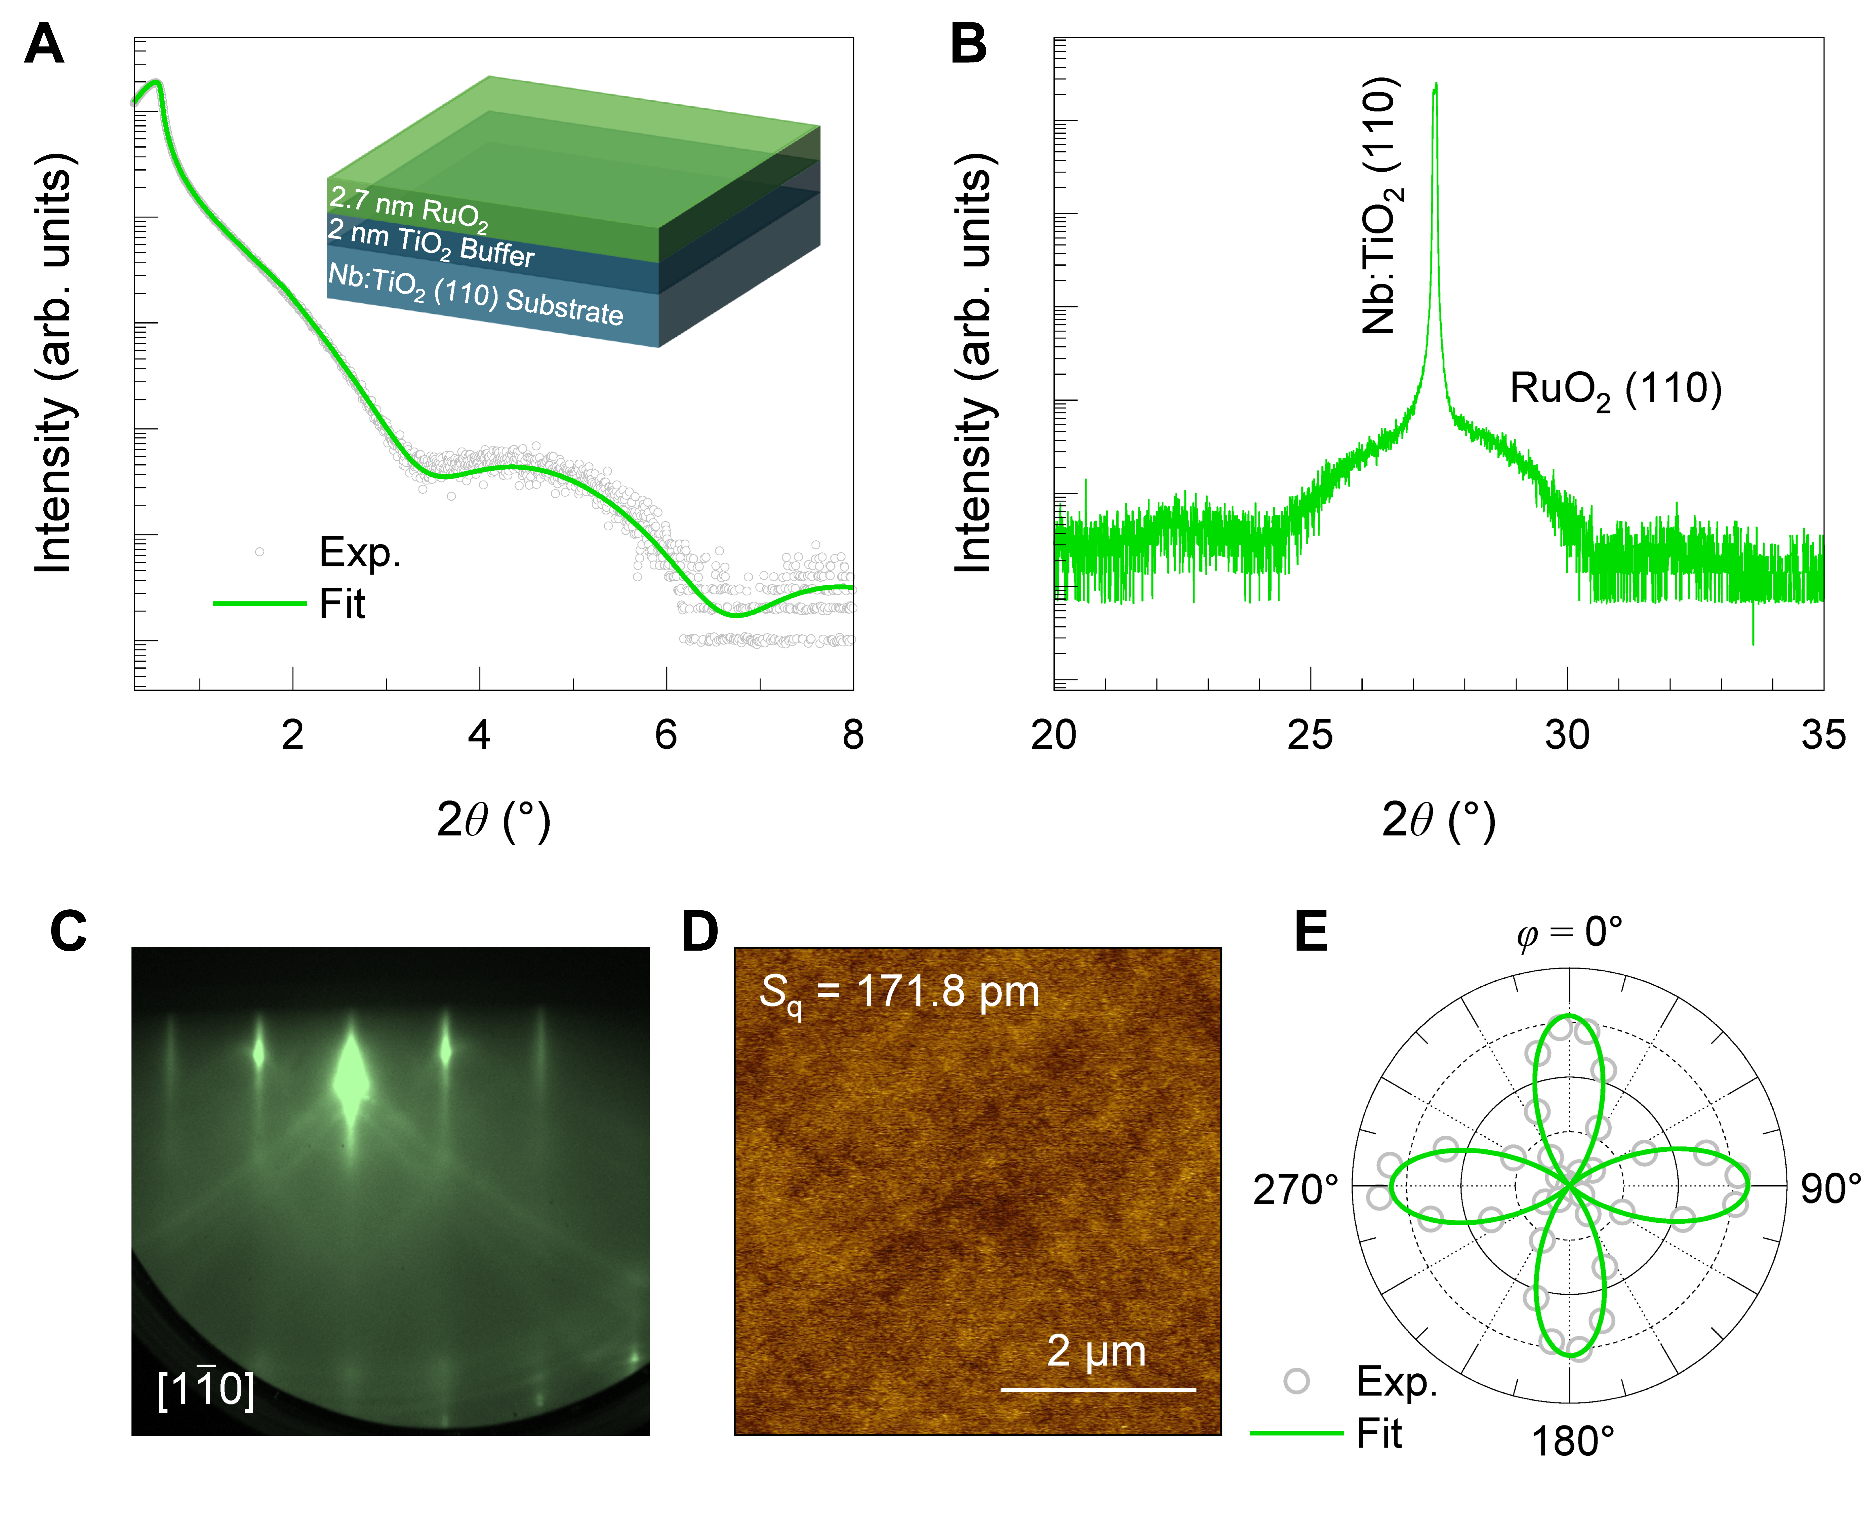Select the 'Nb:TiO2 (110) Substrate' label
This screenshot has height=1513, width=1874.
tap(475, 295)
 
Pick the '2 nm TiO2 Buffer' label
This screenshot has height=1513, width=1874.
tap(430, 242)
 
